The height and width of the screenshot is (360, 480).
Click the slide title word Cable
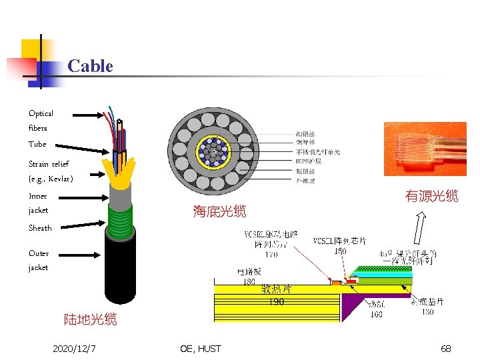point(90,66)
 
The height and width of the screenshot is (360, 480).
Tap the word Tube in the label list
point(37,144)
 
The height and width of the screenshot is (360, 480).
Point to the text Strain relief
point(48,163)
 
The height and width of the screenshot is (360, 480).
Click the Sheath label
point(40,228)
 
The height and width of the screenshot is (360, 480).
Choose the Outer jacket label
point(39,260)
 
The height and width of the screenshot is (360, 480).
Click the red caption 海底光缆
point(219,212)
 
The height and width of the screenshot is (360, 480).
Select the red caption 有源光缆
point(431,196)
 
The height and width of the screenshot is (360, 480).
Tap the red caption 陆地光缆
point(90,319)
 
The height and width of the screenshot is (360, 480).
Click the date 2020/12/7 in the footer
point(75,349)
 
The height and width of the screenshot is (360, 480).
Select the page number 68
point(445,349)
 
